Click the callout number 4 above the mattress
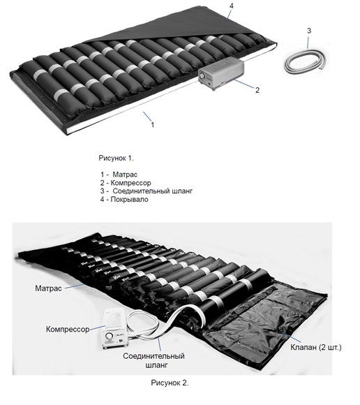[231, 6]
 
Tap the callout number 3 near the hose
[309, 31]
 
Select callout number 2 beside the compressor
[257, 90]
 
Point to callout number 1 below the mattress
[153, 124]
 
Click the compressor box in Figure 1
[221, 73]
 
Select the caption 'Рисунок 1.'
[116, 158]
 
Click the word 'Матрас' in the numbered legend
[125, 175]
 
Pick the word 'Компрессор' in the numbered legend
[130, 183]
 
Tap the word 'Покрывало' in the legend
[129, 200]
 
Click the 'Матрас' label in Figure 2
[48, 288]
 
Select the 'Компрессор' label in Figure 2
[68, 330]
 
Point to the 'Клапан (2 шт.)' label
[316, 347]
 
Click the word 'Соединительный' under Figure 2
[153, 356]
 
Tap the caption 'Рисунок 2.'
[170, 383]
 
